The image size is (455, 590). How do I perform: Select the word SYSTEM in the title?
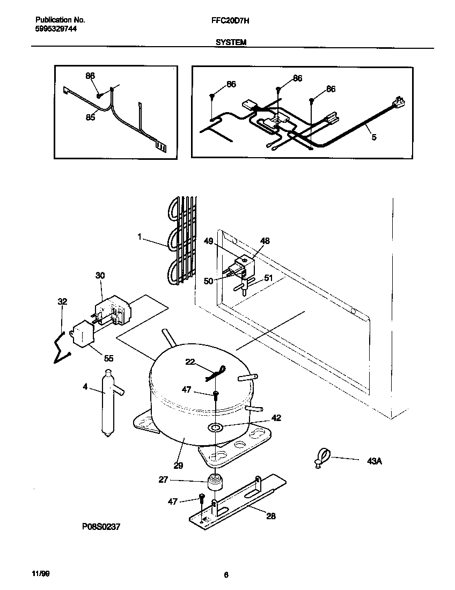[231, 41]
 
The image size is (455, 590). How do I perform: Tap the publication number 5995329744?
[52, 29]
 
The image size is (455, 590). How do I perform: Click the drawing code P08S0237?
[100, 527]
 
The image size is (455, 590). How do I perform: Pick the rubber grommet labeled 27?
[215, 481]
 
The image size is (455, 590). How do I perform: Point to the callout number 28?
[271, 515]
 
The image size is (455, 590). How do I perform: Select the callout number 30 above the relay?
[100, 275]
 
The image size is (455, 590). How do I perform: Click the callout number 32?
[62, 302]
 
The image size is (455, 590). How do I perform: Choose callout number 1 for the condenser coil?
[140, 235]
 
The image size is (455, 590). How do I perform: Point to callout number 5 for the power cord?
[374, 137]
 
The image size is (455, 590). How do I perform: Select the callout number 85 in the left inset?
[91, 117]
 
